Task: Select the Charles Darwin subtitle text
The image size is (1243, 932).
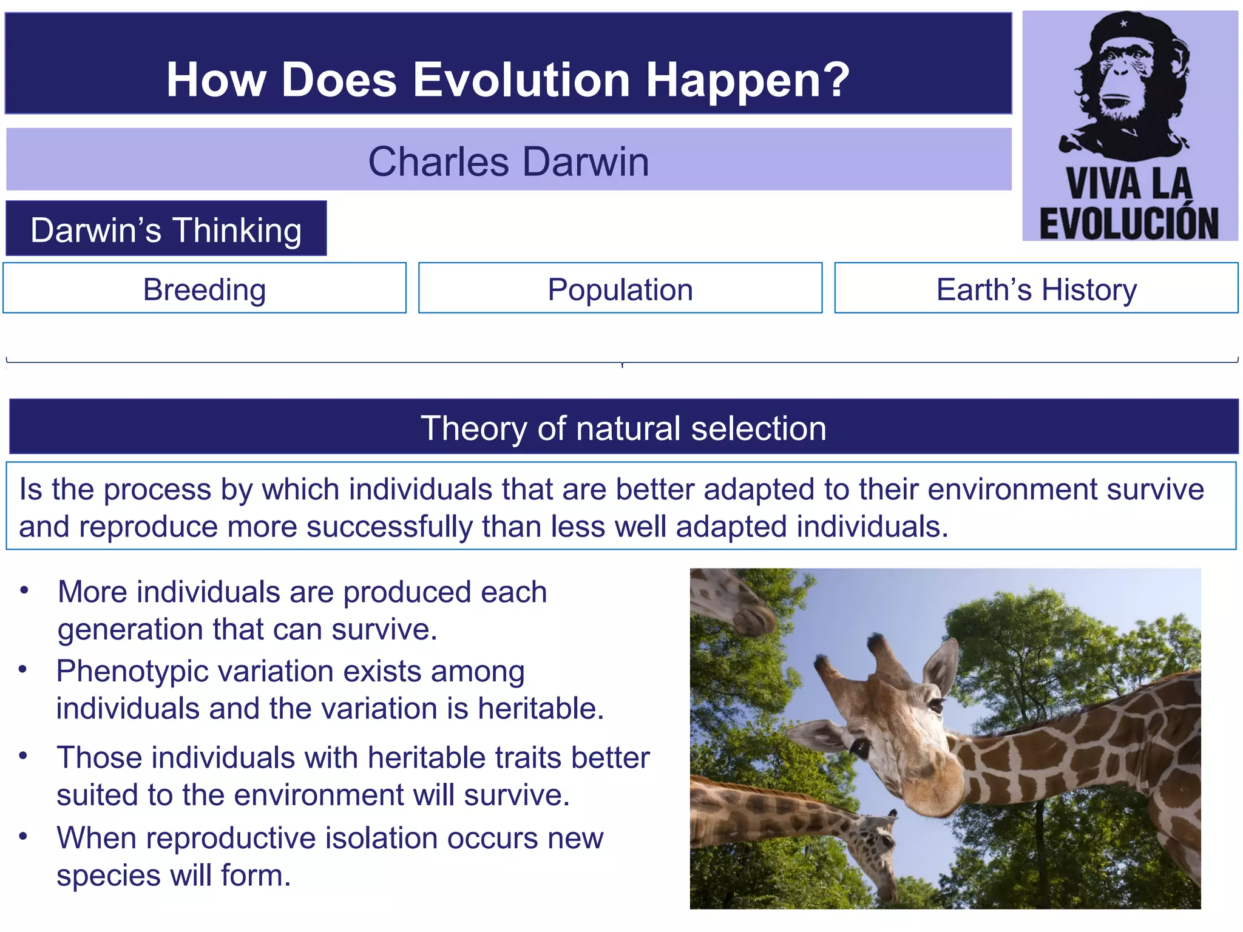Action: (509, 161)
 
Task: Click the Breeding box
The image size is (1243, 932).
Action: (205, 289)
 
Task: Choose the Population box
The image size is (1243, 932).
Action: (620, 289)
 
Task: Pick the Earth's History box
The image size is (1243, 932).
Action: (1036, 289)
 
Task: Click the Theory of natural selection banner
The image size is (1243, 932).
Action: (623, 428)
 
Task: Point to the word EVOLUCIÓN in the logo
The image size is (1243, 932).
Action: (1129, 223)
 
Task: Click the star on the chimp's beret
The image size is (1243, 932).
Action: (1123, 24)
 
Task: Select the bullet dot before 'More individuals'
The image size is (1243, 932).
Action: (24, 590)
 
